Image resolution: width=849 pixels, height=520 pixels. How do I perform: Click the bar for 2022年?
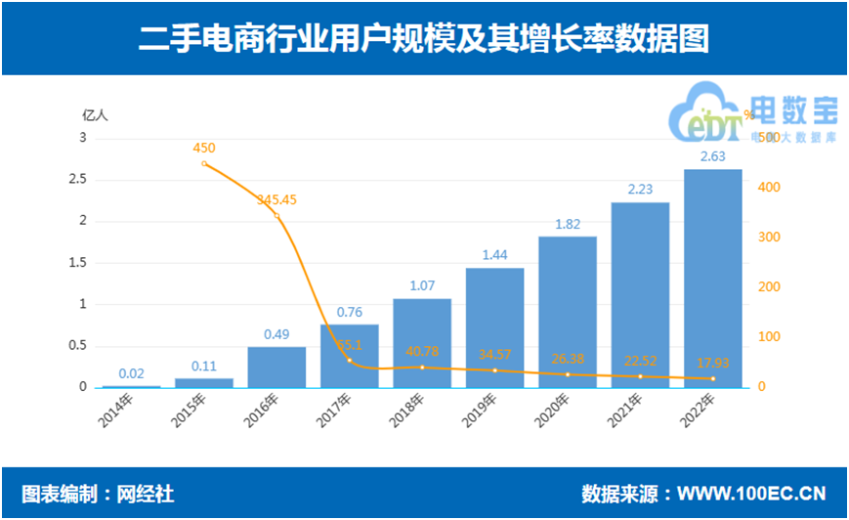712,279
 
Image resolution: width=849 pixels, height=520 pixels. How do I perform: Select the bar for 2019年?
494,327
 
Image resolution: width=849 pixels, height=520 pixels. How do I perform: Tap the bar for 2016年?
276,367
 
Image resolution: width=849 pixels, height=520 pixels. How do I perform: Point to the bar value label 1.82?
568,224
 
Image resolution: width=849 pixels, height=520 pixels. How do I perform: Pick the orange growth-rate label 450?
204,148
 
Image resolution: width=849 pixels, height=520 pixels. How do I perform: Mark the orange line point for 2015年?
204,163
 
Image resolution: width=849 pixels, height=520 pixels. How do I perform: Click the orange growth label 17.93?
712,364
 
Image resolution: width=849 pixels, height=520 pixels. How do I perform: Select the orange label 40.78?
422,351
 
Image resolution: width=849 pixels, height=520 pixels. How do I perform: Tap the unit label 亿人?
95,113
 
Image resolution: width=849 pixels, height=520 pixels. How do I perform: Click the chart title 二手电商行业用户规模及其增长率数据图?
423,38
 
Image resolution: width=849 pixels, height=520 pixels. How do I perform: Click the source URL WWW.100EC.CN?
751,494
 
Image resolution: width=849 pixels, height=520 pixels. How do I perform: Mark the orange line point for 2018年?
422,368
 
